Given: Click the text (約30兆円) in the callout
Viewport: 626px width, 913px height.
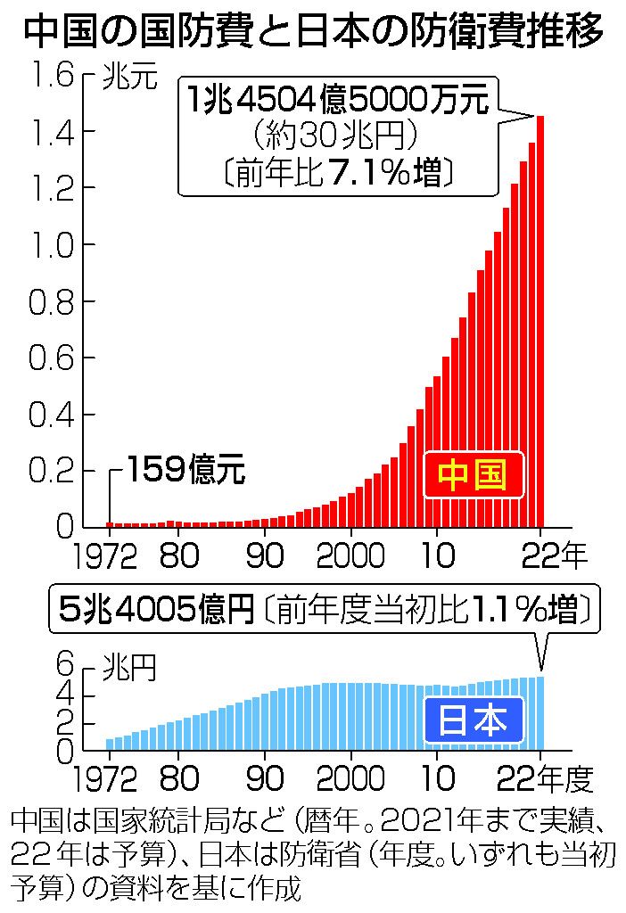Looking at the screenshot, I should point(337,136).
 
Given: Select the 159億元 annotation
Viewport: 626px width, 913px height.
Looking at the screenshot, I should point(185,469).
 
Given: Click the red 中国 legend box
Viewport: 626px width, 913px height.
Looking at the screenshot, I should point(473,476).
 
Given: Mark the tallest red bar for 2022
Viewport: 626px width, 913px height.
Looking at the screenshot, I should point(540,321).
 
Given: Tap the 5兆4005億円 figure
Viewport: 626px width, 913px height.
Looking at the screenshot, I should point(156,611).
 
